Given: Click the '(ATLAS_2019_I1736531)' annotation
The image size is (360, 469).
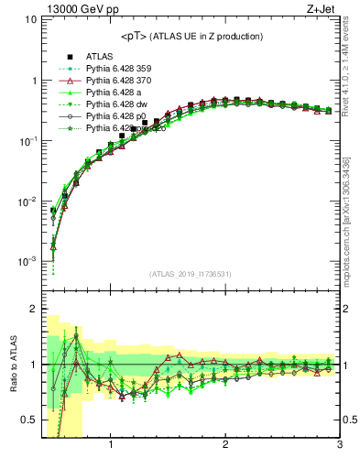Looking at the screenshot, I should point(191,274).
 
